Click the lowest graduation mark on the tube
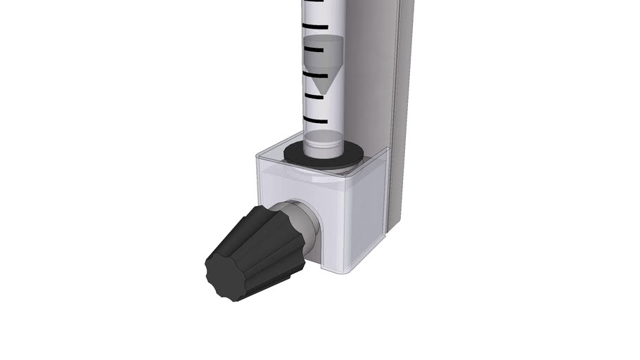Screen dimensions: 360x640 (x=314, y=119)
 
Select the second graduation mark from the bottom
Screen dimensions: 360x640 (x=314, y=96)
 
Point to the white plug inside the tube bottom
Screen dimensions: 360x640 (x=323, y=139)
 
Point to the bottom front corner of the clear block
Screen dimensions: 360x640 (x=345, y=272)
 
